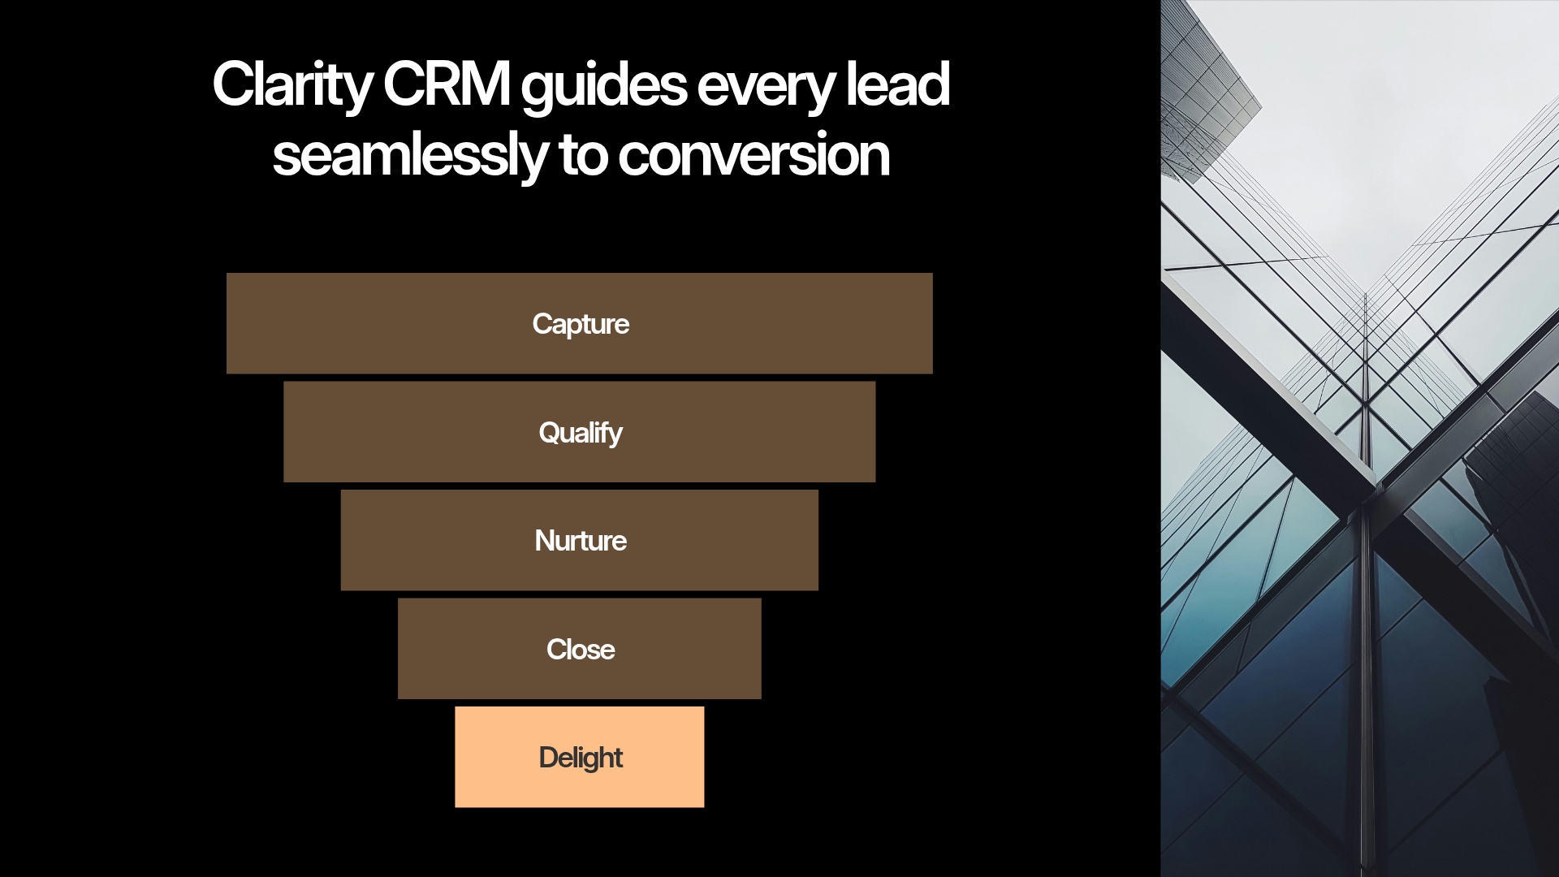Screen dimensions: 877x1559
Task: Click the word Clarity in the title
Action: point(292,84)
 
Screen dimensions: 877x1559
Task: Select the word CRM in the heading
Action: point(446,84)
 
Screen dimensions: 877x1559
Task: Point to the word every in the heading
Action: point(765,86)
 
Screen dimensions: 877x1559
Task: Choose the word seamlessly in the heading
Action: point(410,155)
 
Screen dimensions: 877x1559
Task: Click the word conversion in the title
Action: point(754,155)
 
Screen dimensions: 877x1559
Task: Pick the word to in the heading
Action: point(582,155)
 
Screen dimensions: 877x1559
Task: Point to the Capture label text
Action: point(581,324)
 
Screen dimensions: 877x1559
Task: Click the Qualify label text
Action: point(581,433)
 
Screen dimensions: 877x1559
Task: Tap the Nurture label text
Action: point(581,541)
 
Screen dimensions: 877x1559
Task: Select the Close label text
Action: point(581,650)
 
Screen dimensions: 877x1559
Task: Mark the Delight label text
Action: point(581,758)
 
